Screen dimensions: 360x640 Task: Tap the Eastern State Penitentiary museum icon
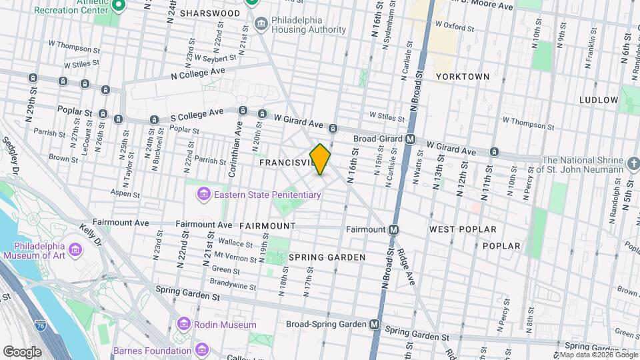coord(203,195)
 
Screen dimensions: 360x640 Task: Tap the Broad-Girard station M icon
coord(411,139)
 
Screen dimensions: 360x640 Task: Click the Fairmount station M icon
coord(393,229)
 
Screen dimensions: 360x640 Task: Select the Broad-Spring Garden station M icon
coord(375,325)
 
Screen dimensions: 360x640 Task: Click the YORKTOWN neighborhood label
coord(463,77)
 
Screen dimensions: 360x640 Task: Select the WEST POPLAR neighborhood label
coord(463,229)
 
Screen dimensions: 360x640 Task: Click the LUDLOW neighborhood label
coord(599,100)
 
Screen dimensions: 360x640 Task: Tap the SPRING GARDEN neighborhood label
coord(327,257)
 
